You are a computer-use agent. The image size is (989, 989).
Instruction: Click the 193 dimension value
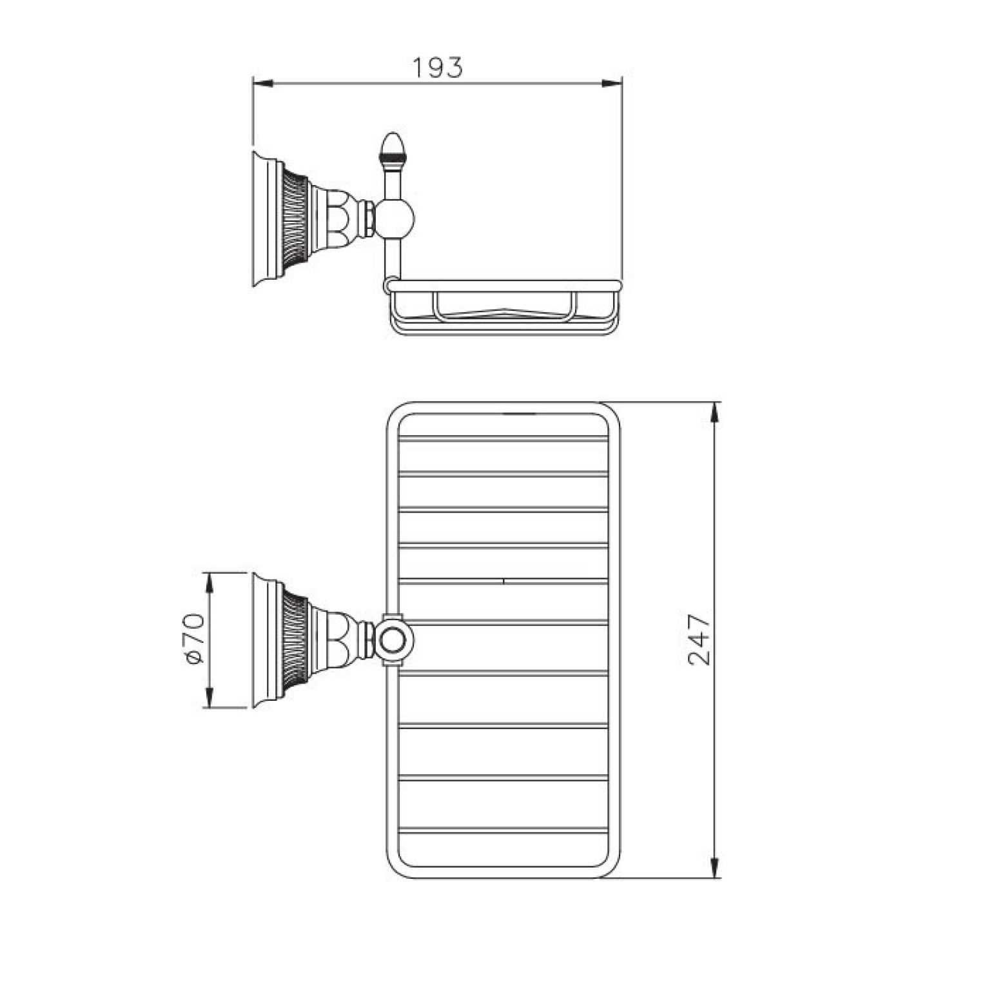[438, 67]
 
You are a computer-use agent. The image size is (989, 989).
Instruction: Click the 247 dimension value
[699, 640]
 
